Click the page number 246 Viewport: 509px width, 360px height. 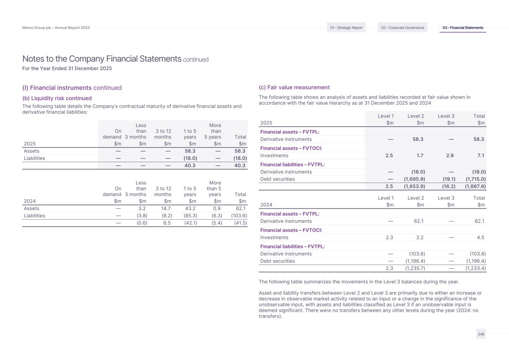(481, 334)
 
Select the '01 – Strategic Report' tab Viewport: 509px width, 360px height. (346, 28)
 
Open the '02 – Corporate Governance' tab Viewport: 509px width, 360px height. (402, 28)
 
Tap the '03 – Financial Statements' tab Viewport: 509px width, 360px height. (463, 28)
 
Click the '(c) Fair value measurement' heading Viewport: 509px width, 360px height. (294, 88)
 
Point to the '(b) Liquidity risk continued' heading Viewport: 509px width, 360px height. (57, 98)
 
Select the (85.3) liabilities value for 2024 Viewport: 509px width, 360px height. (190, 216)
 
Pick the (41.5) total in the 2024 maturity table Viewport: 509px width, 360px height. (240, 223)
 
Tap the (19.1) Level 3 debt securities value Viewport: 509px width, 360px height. (449, 179)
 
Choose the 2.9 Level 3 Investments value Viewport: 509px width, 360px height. (450, 156)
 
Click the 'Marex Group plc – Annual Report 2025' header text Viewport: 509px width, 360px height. (56, 28)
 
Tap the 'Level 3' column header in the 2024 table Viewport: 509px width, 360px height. (446, 198)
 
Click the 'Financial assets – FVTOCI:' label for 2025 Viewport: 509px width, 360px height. (291, 148)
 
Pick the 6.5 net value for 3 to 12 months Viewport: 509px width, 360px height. (167, 223)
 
